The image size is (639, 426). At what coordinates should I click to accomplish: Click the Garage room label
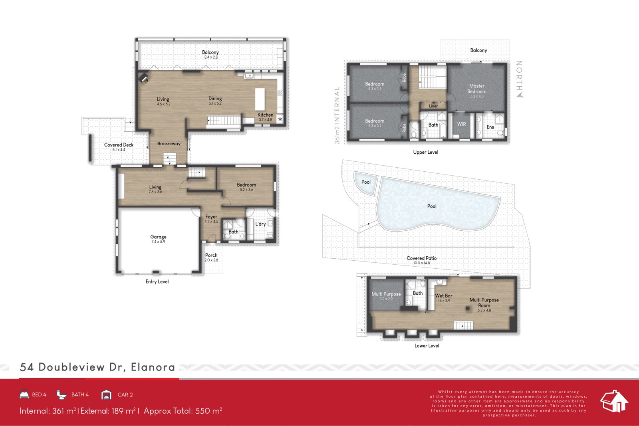[158, 237]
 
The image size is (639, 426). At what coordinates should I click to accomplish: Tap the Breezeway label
[169, 144]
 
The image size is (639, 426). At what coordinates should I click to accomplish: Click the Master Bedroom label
[477, 89]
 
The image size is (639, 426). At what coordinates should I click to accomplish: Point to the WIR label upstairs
[461, 124]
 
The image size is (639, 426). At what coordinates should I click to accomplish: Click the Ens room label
[490, 127]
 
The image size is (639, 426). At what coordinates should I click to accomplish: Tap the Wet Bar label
[443, 296]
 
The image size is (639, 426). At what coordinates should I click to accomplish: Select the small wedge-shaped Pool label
[366, 182]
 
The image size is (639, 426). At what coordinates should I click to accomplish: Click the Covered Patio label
[421, 258]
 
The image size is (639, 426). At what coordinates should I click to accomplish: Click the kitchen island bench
[260, 99]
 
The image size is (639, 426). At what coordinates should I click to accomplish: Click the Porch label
[211, 256]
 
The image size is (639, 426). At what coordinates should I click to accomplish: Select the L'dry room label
[260, 224]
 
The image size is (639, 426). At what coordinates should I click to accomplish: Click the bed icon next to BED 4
[24, 394]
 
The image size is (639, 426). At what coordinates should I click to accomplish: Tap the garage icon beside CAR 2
[106, 395]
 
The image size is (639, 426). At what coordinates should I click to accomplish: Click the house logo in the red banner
[614, 401]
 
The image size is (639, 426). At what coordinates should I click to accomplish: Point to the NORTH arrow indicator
[520, 95]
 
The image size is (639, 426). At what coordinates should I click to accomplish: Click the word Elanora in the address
[153, 367]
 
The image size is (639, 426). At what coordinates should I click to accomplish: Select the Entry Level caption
[157, 282]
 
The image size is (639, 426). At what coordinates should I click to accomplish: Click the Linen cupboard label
[434, 106]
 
